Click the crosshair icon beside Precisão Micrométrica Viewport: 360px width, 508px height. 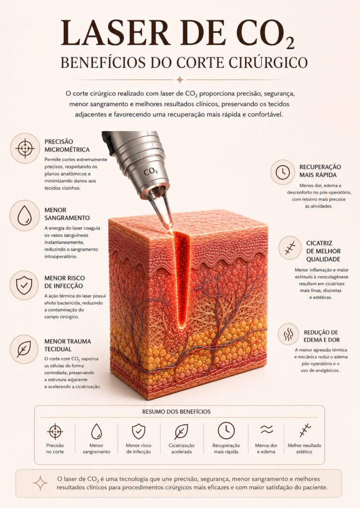click(x=25, y=148)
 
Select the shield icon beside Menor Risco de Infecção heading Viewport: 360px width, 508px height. click(x=24, y=285)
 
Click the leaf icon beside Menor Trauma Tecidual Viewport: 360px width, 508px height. click(x=24, y=349)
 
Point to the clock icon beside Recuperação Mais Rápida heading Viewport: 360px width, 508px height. click(x=283, y=172)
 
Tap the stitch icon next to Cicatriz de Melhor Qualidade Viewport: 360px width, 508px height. click(x=290, y=248)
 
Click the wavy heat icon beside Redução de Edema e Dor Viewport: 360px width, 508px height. click(x=288, y=334)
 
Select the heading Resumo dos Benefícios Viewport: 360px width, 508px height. click(x=176, y=411)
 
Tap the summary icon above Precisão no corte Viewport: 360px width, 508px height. click(x=55, y=431)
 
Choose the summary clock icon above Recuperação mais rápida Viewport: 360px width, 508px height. click(x=226, y=431)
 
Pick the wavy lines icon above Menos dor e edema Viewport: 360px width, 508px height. click(x=267, y=430)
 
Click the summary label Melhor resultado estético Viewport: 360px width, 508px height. click(x=304, y=448)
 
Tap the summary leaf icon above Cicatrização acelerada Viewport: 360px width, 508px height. click(x=181, y=432)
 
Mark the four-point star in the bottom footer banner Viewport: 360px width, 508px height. click(x=40, y=483)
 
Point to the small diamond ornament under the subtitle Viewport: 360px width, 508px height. click(x=180, y=80)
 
